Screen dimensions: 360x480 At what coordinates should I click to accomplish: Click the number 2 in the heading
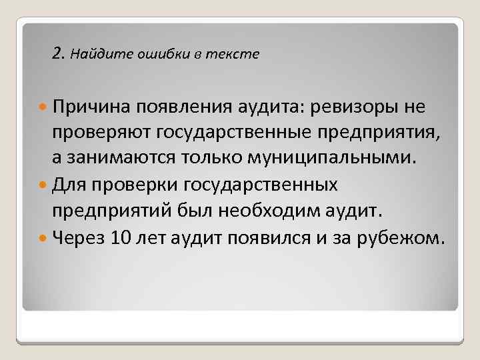pos(56,53)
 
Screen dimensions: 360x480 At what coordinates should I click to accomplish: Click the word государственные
pos(240,133)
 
